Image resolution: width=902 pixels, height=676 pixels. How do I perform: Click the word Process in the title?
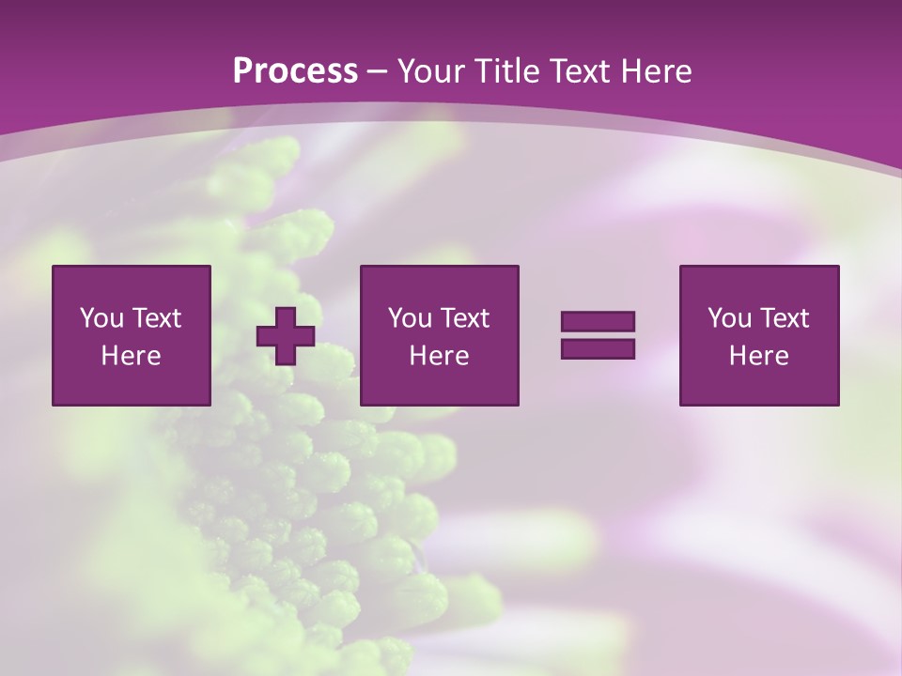click(295, 71)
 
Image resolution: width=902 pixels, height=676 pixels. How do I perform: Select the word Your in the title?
click(429, 71)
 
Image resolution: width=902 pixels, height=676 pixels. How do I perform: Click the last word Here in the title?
click(657, 71)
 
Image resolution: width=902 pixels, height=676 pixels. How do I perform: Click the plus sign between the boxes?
click(286, 336)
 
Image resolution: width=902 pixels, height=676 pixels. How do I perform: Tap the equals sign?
click(598, 335)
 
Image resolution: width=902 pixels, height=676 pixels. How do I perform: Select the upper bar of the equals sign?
click(598, 322)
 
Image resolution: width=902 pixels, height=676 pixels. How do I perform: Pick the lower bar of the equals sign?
click(598, 348)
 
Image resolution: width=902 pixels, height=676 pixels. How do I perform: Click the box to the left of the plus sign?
click(132, 335)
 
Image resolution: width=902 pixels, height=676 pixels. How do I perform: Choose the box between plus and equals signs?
click(440, 335)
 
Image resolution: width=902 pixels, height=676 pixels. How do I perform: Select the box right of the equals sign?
click(759, 335)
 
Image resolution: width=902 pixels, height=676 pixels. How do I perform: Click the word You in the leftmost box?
click(101, 318)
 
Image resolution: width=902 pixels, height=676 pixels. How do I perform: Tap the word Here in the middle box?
click(440, 356)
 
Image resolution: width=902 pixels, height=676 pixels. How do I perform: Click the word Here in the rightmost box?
click(759, 356)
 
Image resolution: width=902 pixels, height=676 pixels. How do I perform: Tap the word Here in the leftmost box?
click(132, 356)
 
